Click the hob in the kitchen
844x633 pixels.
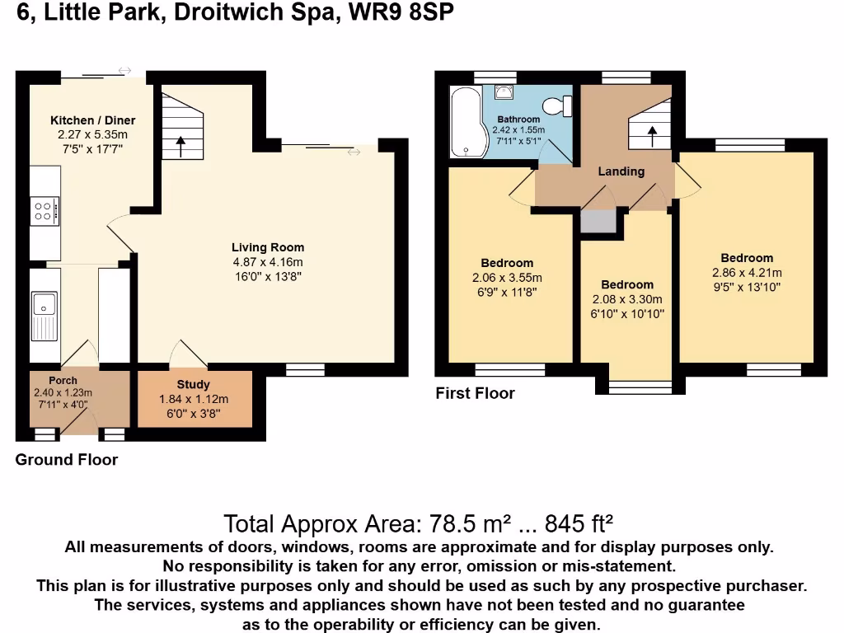coord(45,212)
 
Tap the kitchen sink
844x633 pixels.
coord(41,315)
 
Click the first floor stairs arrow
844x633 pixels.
coord(652,135)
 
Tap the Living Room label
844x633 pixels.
coord(267,247)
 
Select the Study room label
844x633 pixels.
coord(193,384)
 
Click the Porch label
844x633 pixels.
coord(63,380)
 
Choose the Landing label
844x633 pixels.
coord(621,171)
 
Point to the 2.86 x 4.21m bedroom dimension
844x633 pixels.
coord(747,273)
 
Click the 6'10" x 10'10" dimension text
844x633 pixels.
coord(627,314)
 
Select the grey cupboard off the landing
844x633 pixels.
coord(598,221)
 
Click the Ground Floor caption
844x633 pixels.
coord(66,460)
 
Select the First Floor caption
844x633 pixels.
coord(475,393)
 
